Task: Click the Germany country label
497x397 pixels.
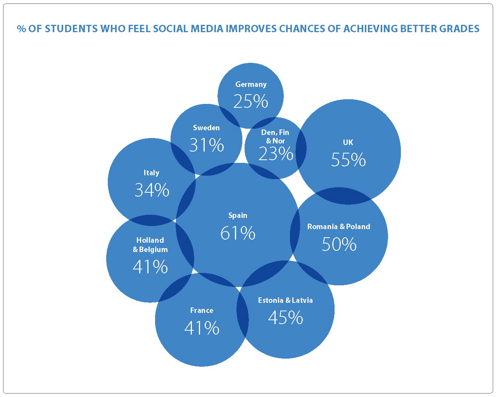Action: (x=251, y=85)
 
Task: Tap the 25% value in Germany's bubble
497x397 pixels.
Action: (x=250, y=102)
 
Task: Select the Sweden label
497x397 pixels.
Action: (x=206, y=128)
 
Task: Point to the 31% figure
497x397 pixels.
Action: (x=206, y=145)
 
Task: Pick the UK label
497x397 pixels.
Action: (x=348, y=143)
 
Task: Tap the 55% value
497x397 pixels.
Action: (x=348, y=160)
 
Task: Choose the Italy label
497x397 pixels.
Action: (x=151, y=173)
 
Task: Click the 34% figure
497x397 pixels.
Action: (x=152, y=190)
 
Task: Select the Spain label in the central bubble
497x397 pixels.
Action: (x=238, y=216)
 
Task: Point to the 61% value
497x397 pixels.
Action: (x=238, y=233)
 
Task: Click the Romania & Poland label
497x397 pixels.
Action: (x=338, y=227)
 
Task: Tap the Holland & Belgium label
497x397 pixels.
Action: (x=150, y=245)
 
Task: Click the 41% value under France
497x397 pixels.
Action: (x=202, y=328)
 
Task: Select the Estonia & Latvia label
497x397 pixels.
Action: (x=285, y=300)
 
